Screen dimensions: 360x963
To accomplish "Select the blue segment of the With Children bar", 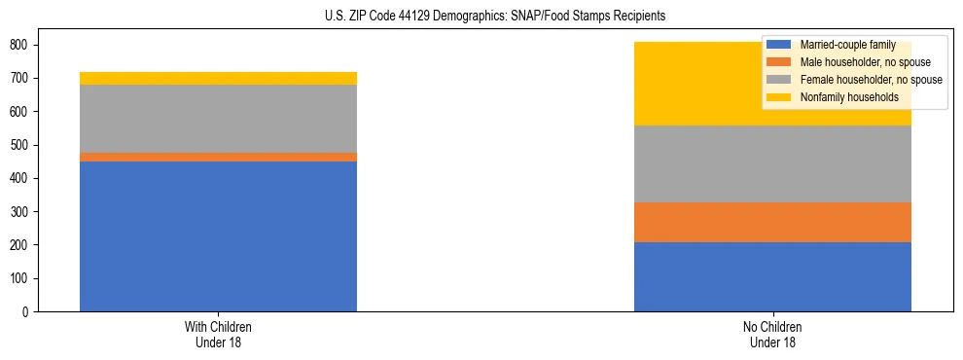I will click(x=218, y=236).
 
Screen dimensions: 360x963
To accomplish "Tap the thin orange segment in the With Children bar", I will click(x=218, y=157).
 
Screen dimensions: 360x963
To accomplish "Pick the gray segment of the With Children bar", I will click(x=218, y=119).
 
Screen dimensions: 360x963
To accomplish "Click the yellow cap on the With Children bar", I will click(x=218, y=78).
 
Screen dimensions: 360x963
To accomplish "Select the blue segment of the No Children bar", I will click(x=772, y=276).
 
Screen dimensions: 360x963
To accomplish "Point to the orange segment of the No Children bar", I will click(x=772, y=222).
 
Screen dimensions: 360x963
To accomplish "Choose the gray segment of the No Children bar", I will click(x=772, y=163).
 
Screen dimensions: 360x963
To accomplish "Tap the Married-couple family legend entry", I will click(x=847, y=45).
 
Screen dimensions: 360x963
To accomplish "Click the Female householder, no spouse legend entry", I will click(x=865, y=80).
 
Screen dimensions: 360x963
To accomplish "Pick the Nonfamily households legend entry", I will click(x=846, y=97).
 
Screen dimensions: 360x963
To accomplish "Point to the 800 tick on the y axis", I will click(x=26, y=45).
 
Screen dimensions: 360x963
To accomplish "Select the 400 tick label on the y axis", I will click(x=26, y=178).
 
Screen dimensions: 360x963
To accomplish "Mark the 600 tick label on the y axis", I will click(x=26, y=112).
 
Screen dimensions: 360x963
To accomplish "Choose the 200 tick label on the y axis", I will click(x=26, y=245).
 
